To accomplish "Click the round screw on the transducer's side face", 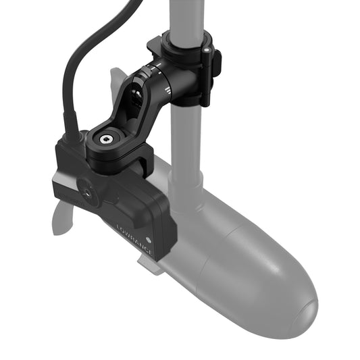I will [86, 194].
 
